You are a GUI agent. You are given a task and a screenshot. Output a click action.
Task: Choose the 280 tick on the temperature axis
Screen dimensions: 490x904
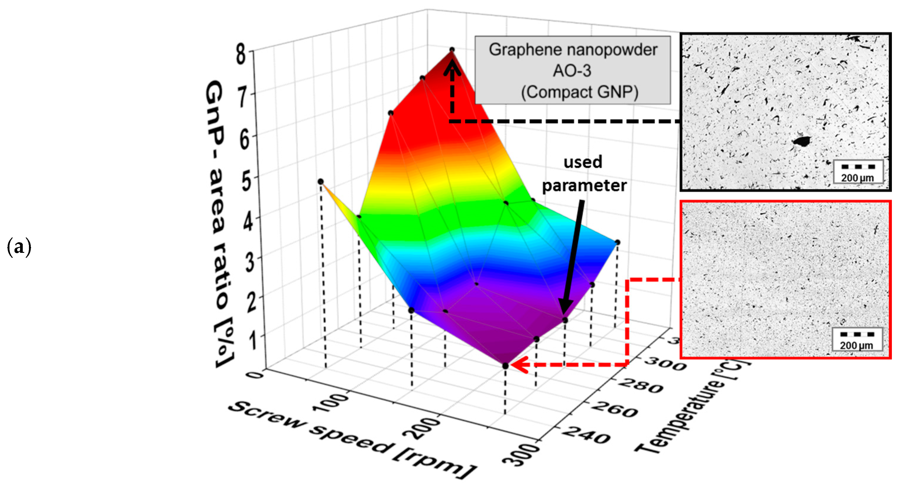click(x=641, y=385)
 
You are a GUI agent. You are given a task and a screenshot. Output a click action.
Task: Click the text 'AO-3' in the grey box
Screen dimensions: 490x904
click(x=572, y=71)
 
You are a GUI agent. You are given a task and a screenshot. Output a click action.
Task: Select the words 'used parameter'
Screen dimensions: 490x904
click(x=584, y=174)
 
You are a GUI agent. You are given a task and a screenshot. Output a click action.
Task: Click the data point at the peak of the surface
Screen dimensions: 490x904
click(x=452, y=50)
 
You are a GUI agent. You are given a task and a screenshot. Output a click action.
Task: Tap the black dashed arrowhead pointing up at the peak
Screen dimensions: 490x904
click(x=452, y=67)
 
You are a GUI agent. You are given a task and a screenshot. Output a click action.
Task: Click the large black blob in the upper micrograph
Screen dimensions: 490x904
click(x=802, y=141)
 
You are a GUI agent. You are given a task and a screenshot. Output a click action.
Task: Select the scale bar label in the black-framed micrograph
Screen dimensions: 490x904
click(x=857, y=178)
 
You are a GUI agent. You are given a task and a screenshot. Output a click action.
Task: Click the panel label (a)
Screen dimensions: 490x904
click(x=19, y=247)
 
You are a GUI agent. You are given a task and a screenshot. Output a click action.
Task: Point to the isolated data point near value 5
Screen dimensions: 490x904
click(x=320, y=181)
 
